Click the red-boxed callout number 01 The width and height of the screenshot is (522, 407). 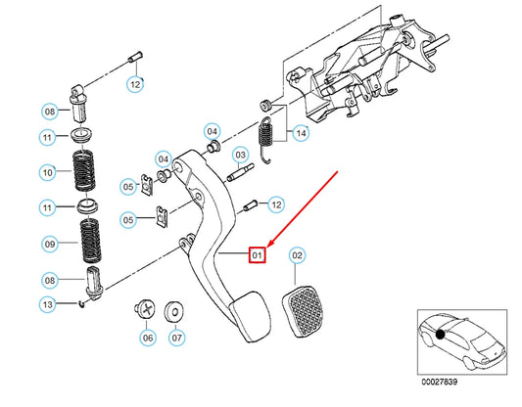coord(258,254)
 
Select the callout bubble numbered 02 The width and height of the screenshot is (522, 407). coord(296,254)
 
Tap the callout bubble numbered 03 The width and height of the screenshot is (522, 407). coord(239,155)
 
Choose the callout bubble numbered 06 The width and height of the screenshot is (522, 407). coord(147,338)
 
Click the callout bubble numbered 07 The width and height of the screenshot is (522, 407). coord(176,338)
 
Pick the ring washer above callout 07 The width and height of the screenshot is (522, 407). coord(175,311)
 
